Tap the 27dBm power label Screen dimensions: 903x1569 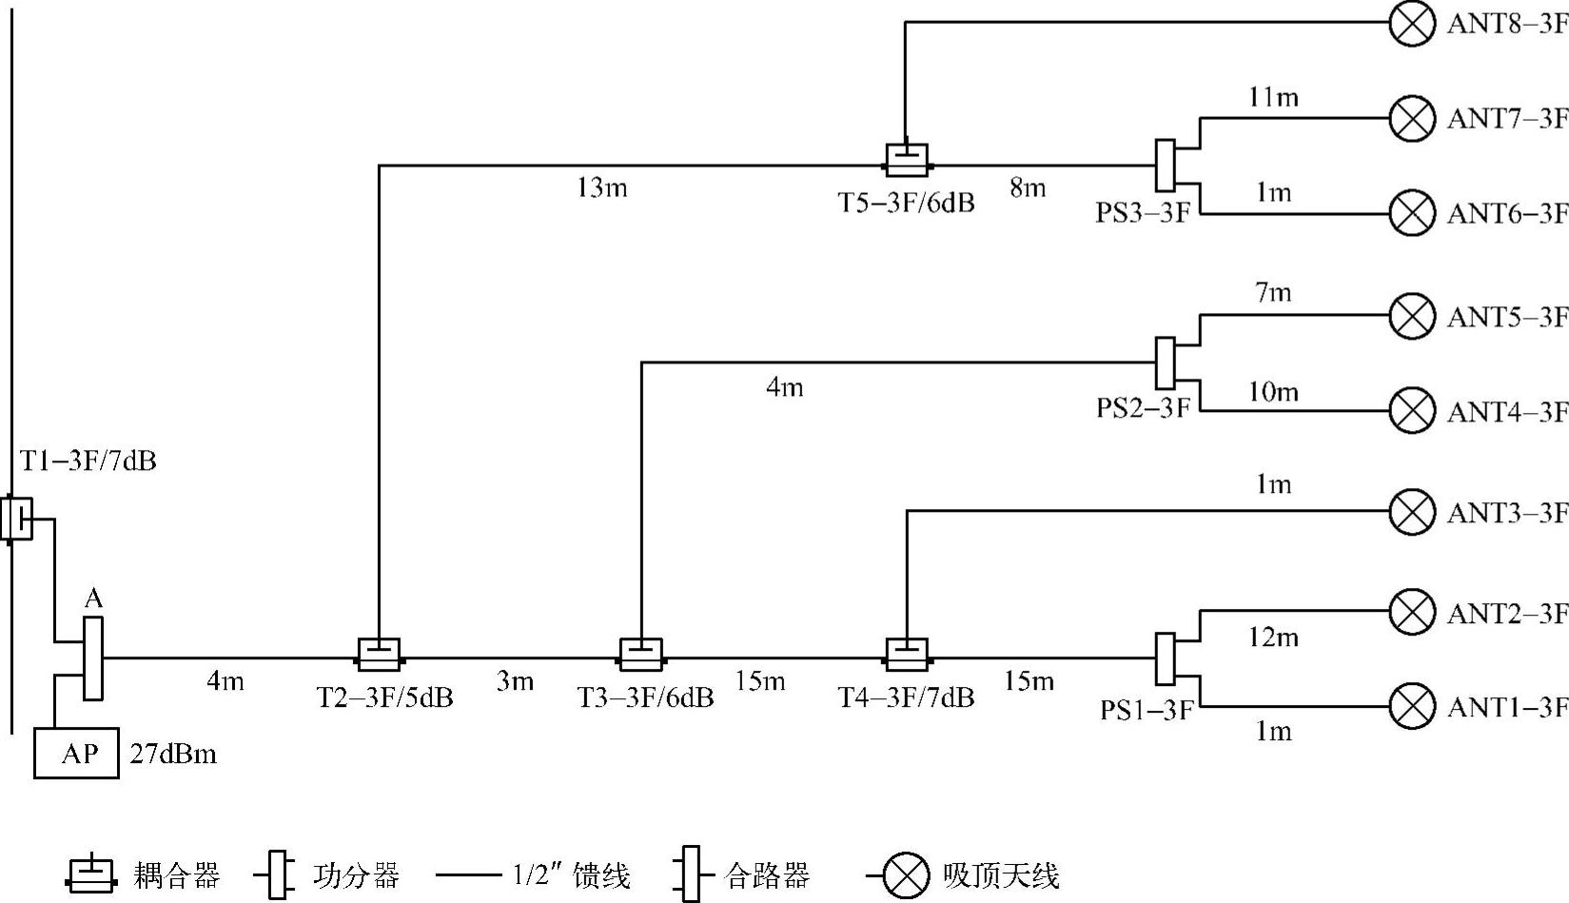(x=173, y=755)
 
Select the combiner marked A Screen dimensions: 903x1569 (x=92, y=658)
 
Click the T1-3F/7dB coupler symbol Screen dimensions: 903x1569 (x=17, y=519)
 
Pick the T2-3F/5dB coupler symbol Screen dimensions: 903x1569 (x=379, y=655)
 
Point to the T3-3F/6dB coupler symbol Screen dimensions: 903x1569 (x=641, y=655)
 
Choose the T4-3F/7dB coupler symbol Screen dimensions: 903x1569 (x=907, y=655)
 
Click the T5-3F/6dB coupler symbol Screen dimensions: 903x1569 (x=907, y=160)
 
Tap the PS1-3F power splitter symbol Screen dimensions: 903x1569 (x=1165, y=658)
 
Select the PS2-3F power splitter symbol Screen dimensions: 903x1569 (x=1165, y=363)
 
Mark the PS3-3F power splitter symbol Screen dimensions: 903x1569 (x=1165, y=166)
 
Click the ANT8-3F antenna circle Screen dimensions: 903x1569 (x=1412, y=23)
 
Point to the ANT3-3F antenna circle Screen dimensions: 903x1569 (x=1412, y=512)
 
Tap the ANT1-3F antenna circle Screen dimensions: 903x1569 (x=1412, y=706)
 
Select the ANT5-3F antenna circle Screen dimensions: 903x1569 (x=1412, y=316)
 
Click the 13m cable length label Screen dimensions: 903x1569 (x=601, y=188)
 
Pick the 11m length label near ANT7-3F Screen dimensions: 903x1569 (x=1273, y=97)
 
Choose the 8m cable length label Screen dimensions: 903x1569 (x=1028, y=188)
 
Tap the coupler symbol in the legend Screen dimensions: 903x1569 (x=91, y=874)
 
